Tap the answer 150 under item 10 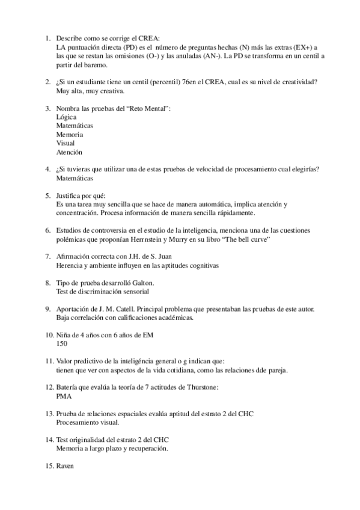tap(61, 343)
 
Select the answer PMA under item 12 tap(63, 396)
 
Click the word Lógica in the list tap(66, 117)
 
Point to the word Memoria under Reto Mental tap(70, 135)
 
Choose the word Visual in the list tap(66, 144)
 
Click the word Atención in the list tap(69, 152)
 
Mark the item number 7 tap(48, 256)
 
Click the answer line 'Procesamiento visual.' tap(87, 423)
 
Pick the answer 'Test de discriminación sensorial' tap(102, 291)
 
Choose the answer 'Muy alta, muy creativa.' tap(90, 91)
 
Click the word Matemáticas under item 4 tap(75, 179)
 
